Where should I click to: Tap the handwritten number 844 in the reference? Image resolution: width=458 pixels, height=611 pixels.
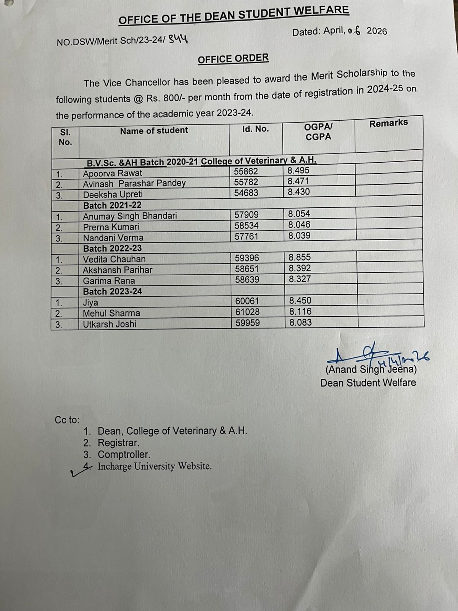click(178, 39)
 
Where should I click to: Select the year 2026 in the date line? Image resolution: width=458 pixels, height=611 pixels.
click(377, 31)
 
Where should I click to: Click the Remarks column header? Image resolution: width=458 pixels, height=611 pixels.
click(388, 123)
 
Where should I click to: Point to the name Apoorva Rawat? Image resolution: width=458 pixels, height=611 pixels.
click(113, 173)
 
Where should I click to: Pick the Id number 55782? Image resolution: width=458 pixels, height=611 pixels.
click(246, 182)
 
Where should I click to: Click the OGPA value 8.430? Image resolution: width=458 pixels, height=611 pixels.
click(299, 192)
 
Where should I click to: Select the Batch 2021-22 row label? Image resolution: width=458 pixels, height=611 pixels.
click(112, 205)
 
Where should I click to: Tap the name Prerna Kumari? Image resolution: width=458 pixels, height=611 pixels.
click(111, 227)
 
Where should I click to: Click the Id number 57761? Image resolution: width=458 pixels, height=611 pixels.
click(247, 236)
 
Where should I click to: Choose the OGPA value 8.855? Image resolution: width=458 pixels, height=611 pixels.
click(300, 257)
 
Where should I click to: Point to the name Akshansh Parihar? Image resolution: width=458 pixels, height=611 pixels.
click(118, 270)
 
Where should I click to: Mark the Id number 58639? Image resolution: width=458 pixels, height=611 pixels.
click(247, 280)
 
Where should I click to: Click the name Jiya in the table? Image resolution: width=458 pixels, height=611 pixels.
click(90, 303)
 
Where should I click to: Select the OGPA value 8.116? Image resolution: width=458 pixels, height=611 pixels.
click(300, 312)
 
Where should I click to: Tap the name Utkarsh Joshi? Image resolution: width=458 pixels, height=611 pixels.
click(110, 324)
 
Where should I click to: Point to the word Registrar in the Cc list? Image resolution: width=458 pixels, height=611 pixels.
click(118, 443)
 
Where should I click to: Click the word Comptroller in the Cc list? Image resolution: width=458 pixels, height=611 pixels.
click(124, 455)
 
